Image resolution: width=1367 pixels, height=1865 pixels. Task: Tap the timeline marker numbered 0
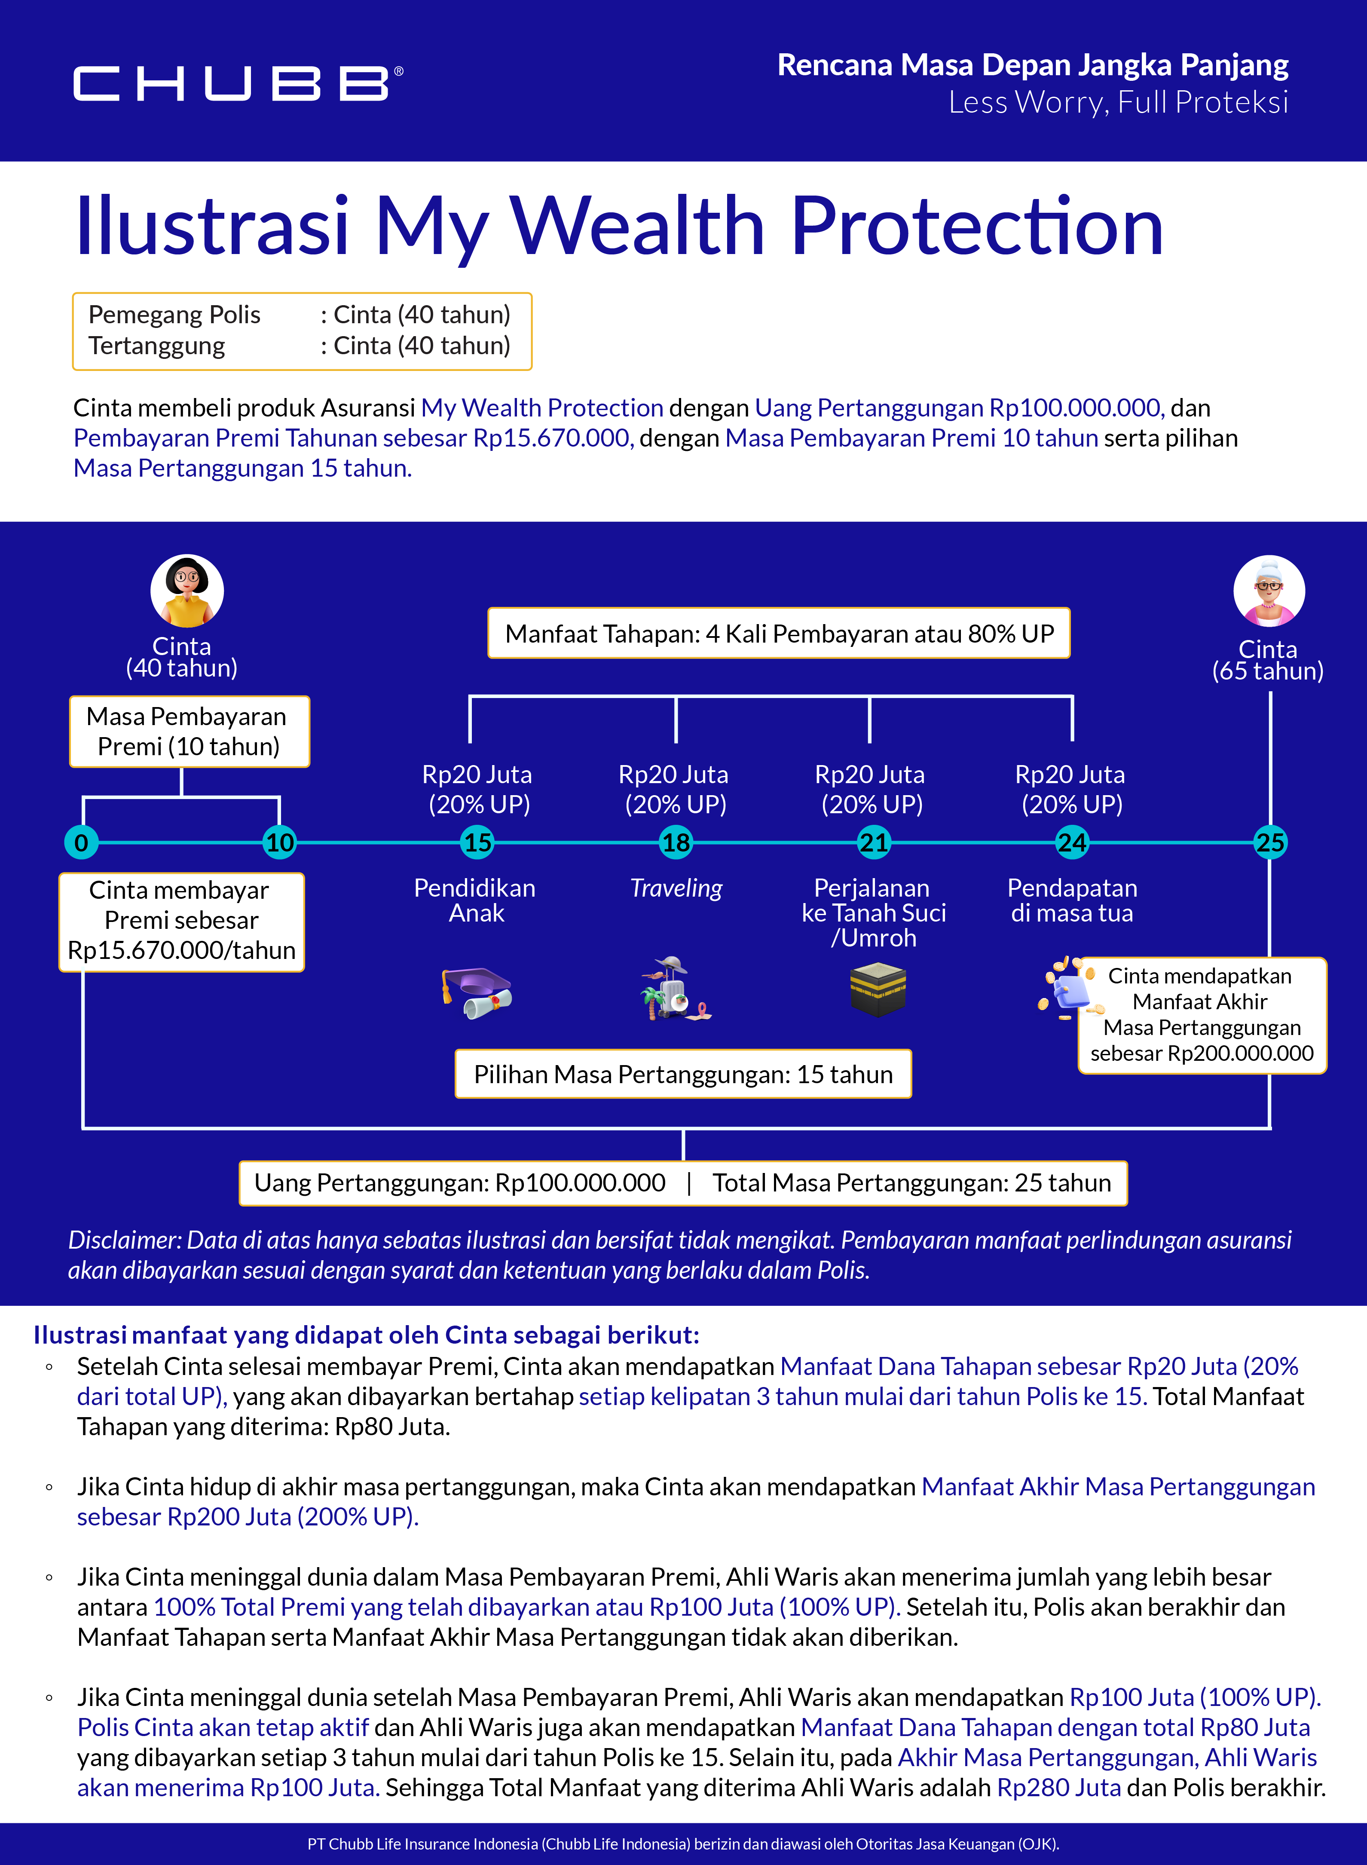coord(81,842)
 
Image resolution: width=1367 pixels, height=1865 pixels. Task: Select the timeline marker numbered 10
coord(280,842)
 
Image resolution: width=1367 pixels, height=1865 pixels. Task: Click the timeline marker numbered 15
coord(477,842)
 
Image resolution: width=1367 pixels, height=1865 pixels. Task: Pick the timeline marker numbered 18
coord(676,842)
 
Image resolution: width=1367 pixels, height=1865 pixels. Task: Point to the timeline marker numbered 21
coord(874,842)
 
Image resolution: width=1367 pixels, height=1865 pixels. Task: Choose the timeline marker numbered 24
coord(1072,842)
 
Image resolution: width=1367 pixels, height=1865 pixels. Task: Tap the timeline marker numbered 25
coord(1270,842)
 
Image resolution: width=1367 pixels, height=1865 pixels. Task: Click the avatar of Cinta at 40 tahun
coord(187,590)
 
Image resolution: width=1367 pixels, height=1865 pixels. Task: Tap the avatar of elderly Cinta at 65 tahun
coord(1269,591)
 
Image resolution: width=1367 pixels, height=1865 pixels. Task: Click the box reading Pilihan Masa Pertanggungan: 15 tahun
coord(683,1074)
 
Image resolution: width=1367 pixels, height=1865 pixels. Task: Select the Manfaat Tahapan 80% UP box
coord(779,634)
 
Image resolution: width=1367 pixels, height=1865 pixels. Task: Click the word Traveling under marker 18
coord(676,888)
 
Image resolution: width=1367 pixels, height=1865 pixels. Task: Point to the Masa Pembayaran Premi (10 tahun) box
coord(189,732)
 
